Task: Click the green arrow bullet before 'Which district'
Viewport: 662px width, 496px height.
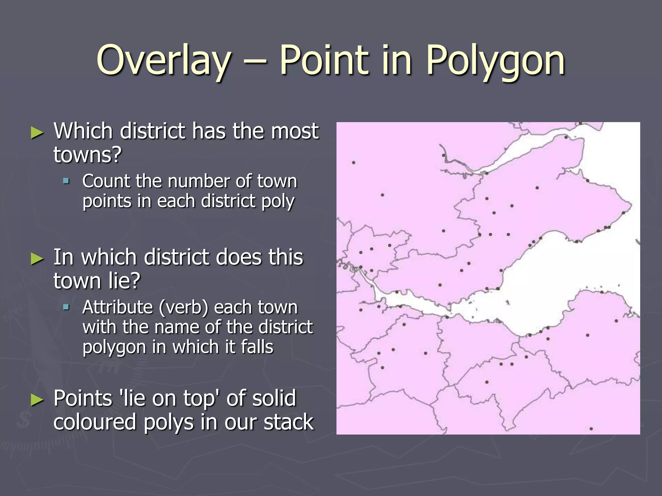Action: (x=37, y=133)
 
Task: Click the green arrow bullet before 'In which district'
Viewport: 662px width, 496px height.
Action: (x=37, y=259)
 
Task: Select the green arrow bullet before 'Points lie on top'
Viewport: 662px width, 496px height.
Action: (x=37, y=400)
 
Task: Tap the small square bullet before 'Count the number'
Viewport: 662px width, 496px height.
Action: (x=66, y=181)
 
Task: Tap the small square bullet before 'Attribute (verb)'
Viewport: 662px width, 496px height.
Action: (x=66, y=307)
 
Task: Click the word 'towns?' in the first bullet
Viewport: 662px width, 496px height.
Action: (x=87, y=155)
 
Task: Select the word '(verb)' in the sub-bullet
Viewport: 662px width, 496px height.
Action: (x=183, y=307)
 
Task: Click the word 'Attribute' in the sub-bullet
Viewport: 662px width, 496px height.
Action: (x=118, y=307)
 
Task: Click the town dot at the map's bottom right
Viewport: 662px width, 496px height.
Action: (x=591, y=429)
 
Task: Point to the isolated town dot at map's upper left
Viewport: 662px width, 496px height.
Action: (x=354, y=163)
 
